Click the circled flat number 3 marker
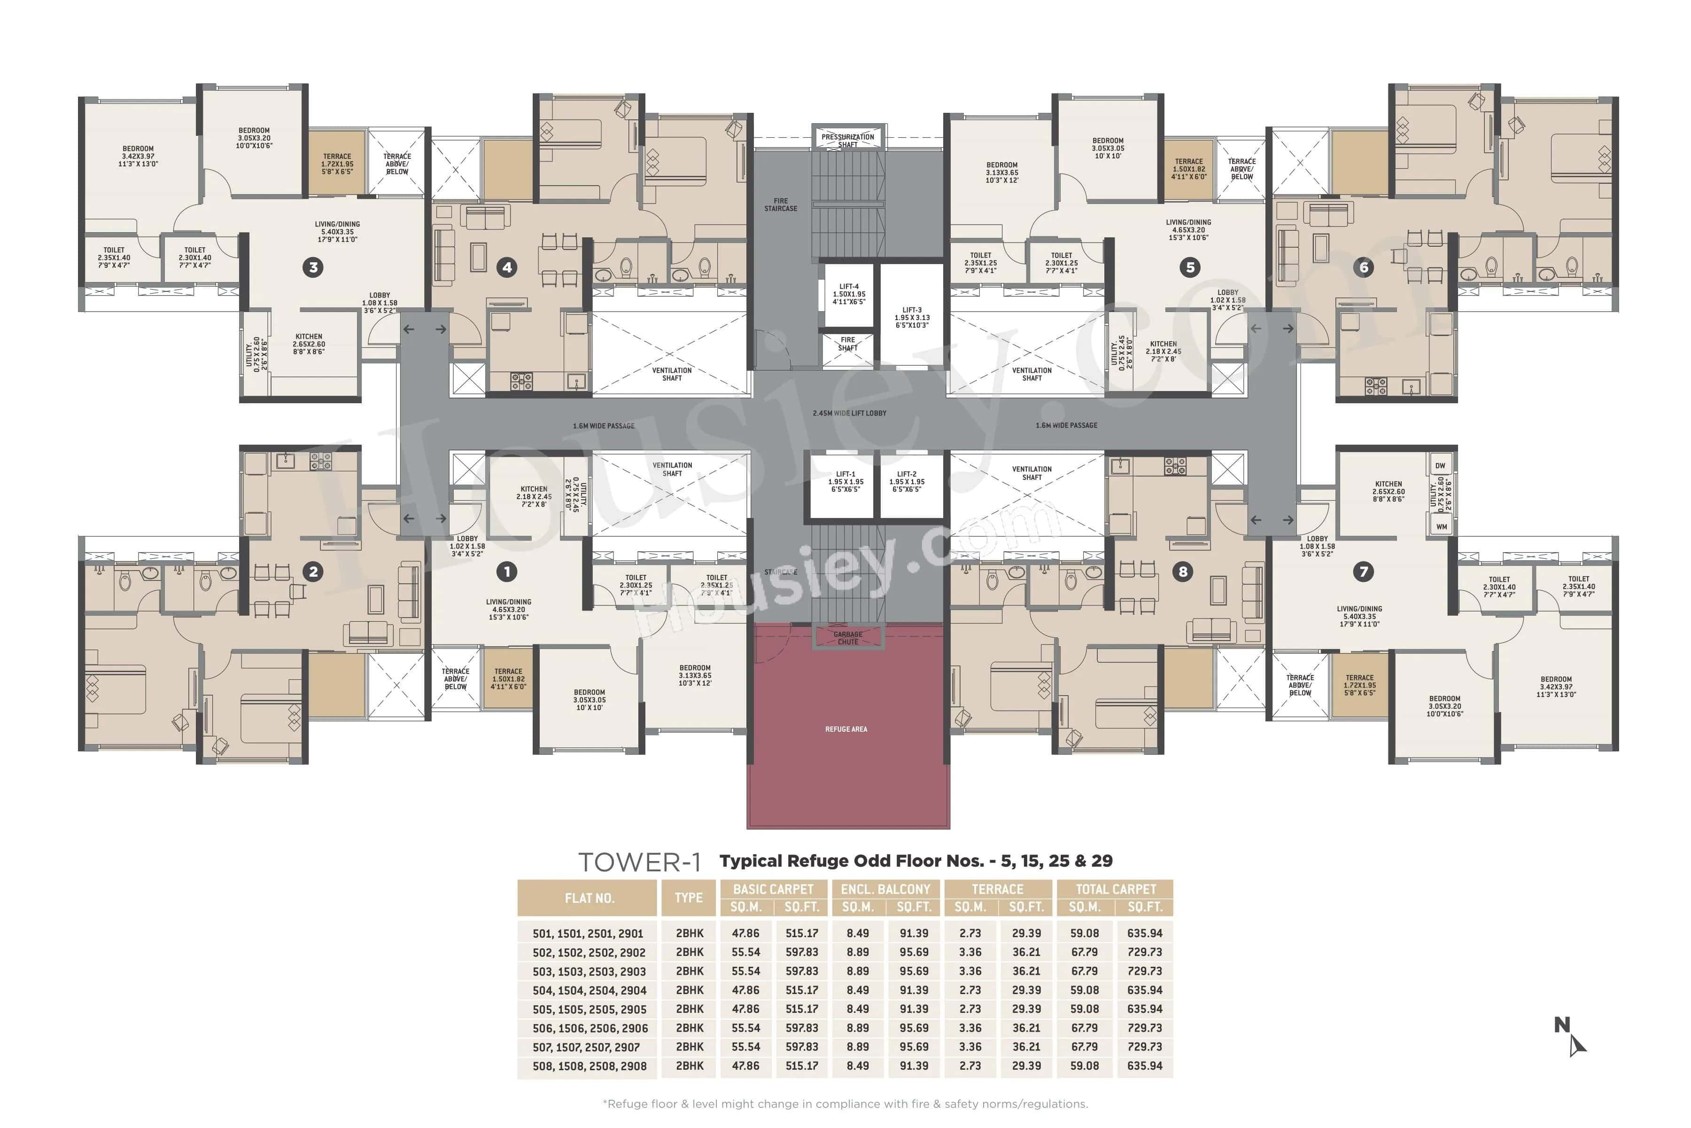click(x=313, y=267)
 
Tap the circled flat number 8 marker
click(x=1183, y=572)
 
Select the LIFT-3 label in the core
click(x=912, y=317)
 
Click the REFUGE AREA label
click(x=846, y=729)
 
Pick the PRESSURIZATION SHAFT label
click(x=848, y=140)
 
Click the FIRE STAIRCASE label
click(x=781, y=205)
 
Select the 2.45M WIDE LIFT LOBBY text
click(x=849, y=414)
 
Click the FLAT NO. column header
click(x=589, y=898)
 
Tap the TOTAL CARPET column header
click(x=1115, y=889)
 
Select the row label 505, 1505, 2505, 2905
click(x=589, y=1009)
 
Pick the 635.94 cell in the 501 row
click(x=1145, y=933)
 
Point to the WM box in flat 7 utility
click(x=1441, y=526)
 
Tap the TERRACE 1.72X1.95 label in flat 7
click(x=1359, y=685)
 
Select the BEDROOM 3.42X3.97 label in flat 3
click(x=138, y=156)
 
